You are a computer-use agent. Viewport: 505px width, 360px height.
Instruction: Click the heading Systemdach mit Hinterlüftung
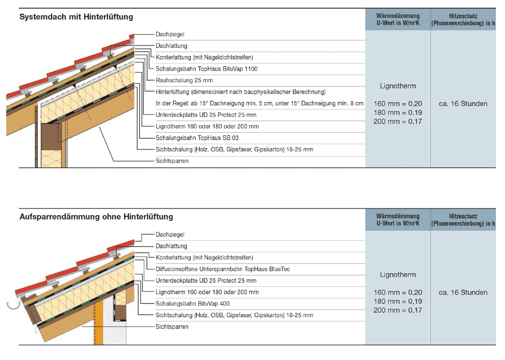click(x=76, y=17)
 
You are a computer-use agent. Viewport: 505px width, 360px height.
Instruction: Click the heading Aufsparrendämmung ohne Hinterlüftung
click(x=96, y=217)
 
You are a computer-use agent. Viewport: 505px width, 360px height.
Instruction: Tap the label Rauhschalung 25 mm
click(x=184, y=80)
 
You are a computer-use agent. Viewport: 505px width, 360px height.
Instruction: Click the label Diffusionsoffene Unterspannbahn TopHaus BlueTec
click(x=223, y=269)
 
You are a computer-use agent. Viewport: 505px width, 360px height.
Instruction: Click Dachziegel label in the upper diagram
click(x=170, y=34)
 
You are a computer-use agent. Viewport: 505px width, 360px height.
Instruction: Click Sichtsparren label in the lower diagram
click(x=172, y=327)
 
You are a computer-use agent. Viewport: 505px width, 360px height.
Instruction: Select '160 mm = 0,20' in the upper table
click(x=398, y=104)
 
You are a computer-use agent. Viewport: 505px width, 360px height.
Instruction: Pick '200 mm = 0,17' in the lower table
click(x=398, y=310)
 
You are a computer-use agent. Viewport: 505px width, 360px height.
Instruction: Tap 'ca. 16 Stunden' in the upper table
click(x=463, y=104)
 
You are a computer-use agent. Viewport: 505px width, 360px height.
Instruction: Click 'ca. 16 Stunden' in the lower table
click(x=463, y=292)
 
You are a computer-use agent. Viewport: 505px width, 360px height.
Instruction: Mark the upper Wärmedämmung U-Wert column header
click(x=398, y=19)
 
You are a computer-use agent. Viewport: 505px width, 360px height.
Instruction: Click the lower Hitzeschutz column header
click(x=463, y=219)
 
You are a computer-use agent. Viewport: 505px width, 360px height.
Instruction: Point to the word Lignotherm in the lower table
click(x=398, y=275)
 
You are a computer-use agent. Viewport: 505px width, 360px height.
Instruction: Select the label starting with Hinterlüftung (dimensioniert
click(x=240, y=92)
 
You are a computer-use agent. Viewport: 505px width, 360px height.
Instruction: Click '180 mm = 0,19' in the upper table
click(x=398, y=112)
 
